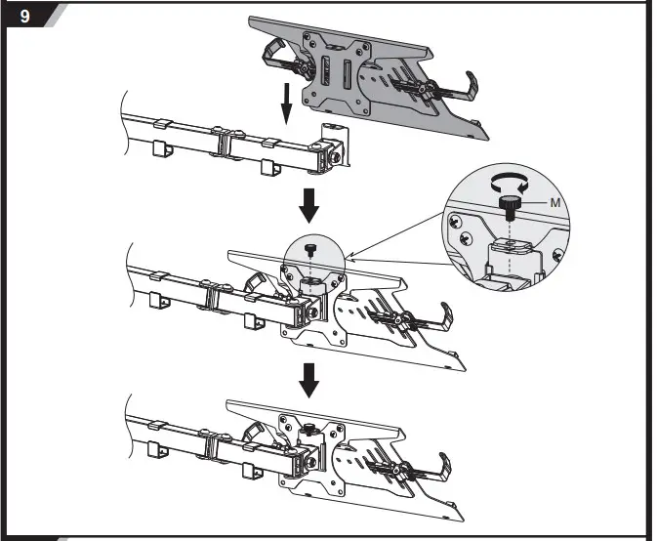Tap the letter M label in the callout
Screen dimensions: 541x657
coord(554,202)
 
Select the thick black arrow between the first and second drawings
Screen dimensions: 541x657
coord(309,202)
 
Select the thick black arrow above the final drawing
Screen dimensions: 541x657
coord(309,379)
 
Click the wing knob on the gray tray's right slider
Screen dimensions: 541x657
coord(424,84)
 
